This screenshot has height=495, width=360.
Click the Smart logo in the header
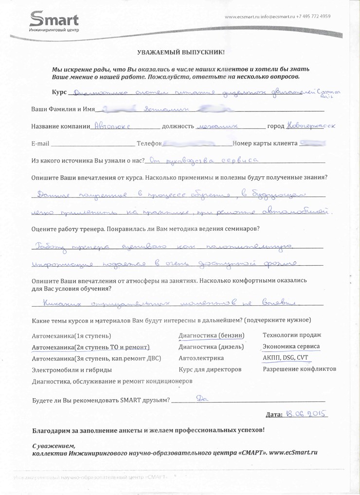[x=54, y=22]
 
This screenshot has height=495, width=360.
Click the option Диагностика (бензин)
[x=211, y=335]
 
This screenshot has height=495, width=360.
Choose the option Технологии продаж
[x=291, y=335]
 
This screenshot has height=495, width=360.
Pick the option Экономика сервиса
[x=291, y=347]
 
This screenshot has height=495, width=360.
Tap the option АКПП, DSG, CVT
[x=285, y=358]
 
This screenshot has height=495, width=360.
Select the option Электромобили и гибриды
[x=72, y=370]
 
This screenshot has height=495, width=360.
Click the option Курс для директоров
[x=210, y=369]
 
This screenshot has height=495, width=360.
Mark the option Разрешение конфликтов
[x=299, y=369]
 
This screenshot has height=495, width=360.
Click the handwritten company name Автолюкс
[x=112, y=126]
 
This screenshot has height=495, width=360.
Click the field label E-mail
[x=40, y=144]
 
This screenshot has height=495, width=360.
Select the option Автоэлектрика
[x=199, y=358]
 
